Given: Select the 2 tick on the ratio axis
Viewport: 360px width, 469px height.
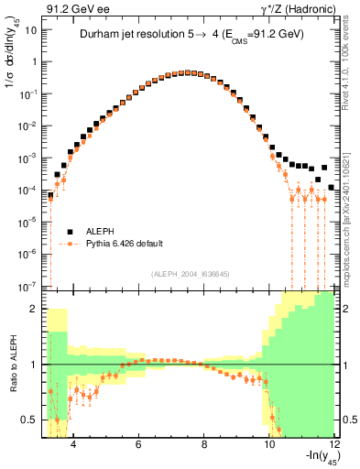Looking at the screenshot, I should [35, 309].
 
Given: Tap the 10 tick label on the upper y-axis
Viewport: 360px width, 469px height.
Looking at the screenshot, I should [31, 30].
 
